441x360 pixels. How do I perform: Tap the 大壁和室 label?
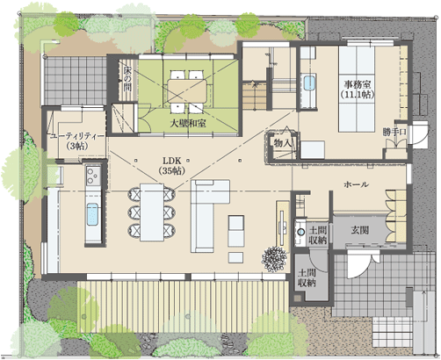point(188,124)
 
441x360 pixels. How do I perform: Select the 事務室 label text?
point(358,85)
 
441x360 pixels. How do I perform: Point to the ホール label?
point(356,184)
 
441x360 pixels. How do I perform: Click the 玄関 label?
point(360,230)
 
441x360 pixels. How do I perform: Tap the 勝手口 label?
point(394,132)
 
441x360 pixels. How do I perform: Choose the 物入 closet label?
point(283,143)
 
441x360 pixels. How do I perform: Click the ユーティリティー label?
point(77,137)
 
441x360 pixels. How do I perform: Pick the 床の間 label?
point(127,79)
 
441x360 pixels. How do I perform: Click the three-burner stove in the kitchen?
point(93,176)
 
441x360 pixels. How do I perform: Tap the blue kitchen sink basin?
point(92,214)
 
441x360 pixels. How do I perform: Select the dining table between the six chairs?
point(152,212)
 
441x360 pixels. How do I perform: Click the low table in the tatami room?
point(187,91)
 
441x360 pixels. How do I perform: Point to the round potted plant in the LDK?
point(274,259)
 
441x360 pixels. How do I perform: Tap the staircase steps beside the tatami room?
point(254,96)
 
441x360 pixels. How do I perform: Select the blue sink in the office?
point(309,83)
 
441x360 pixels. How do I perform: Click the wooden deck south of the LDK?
point(184,306)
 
